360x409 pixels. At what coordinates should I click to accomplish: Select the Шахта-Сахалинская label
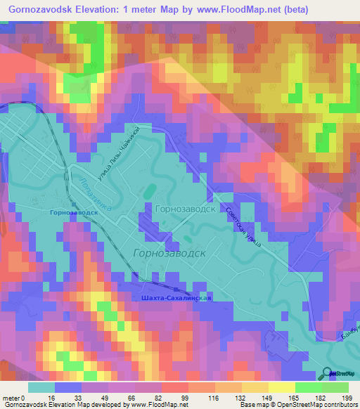(x=172, y=297)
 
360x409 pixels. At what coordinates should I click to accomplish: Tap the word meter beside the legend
(x=12, y=397)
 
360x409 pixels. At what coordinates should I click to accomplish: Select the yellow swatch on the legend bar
(x=264, y=387)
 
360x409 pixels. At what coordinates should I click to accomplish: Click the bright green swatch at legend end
(x=336, y=387)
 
